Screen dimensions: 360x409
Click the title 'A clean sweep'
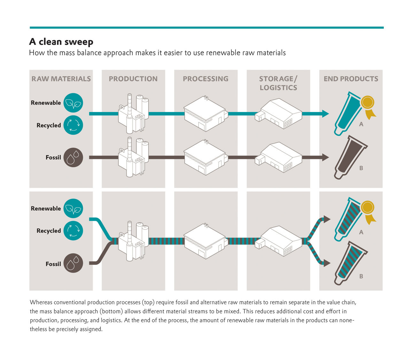(61, 42)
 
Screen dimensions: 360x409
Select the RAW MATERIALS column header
(61, 79)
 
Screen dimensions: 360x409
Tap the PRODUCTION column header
(133, 79)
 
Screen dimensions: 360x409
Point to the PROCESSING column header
(205, 79)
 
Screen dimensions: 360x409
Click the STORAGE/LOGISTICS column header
(278, 83)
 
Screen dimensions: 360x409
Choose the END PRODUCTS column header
(351, 79)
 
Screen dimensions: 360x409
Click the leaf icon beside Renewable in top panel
(73, 103)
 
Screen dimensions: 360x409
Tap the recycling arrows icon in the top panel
(73, 125)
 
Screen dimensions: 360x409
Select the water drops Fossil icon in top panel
(73, 157)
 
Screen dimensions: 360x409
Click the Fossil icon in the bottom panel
(73, 263)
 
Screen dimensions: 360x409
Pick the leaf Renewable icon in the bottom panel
(73, 208)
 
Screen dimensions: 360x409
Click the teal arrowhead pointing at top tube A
(325, 114)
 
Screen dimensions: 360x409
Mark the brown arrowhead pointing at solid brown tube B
(325, 157)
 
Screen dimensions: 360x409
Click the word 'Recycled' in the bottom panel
(49, 231)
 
